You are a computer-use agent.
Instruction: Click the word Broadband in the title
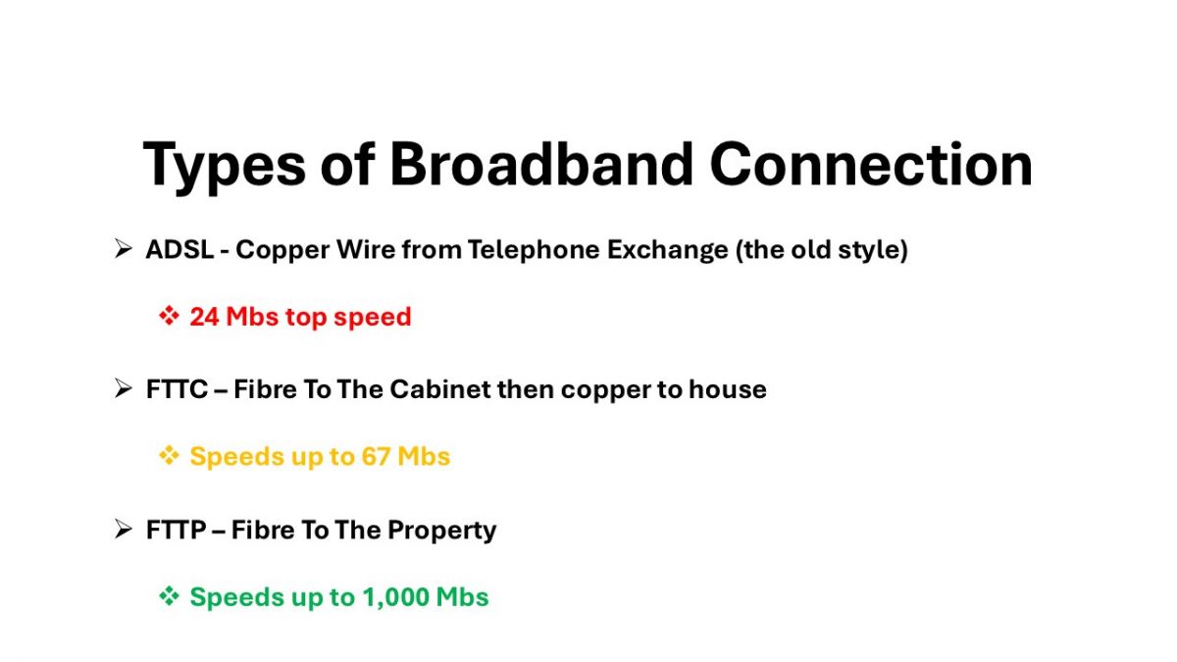[x=541, y=164]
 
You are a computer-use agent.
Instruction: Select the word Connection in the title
[x=871, y=164]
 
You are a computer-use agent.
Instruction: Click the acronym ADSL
[x=179, y=249]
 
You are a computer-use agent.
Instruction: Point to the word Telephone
[x=534, y=250]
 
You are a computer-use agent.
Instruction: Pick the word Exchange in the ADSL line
[x=667, y=250]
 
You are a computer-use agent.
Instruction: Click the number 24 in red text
[x=204, y=317]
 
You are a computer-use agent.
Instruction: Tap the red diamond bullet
[x=169, y=316]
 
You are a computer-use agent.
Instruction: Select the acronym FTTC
[x=177, y=389]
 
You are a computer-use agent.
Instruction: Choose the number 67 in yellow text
[x=376, y=457]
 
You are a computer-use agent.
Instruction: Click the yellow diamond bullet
[x=169, y=455]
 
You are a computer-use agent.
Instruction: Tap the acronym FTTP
[x=176, y=530]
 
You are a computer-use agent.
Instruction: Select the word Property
[x=442, y=531]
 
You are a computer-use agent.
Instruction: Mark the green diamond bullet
[x=169, y=596]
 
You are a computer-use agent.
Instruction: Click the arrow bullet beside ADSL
[x=123, y=248]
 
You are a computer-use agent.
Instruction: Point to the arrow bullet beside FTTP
[x=123, y=529]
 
